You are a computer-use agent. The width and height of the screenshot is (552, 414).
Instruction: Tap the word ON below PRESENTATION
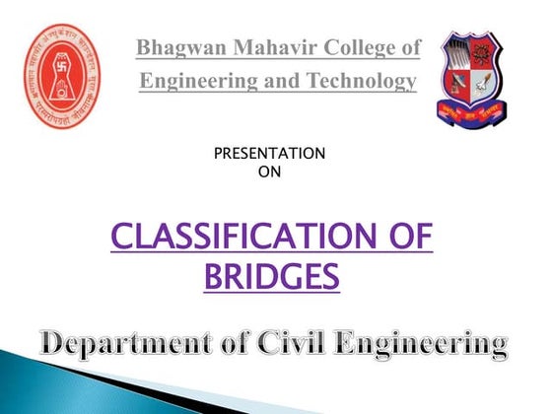(x=269, y=170)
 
